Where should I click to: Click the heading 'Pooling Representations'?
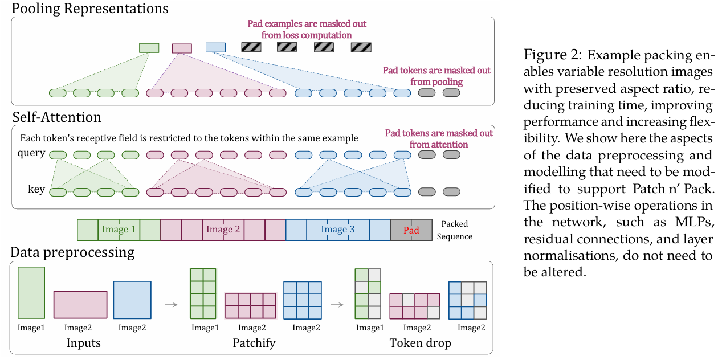[90, 9]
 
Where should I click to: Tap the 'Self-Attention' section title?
[57, 117]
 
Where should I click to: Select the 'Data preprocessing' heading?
[72, 253]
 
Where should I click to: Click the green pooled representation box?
[149, 48]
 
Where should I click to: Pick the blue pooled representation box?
[215, 47]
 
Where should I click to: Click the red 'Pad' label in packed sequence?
[411, 230]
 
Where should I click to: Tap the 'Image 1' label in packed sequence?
[119, 230]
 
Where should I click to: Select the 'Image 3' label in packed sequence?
[338, 230]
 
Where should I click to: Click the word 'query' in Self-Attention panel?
[31, 153]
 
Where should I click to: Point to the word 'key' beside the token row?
[36, 189]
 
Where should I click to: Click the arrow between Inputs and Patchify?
[171, 305]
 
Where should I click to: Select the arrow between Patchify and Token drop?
[337, 305]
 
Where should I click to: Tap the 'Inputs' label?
[83, 343]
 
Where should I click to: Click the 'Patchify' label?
[254, 343]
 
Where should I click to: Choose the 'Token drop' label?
[420, 343]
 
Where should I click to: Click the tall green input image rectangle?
[31, 293]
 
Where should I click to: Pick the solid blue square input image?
[132, 300]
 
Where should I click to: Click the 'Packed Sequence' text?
[455, 230]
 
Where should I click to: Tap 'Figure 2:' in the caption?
[553, 55]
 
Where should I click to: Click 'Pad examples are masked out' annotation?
[307, 24]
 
